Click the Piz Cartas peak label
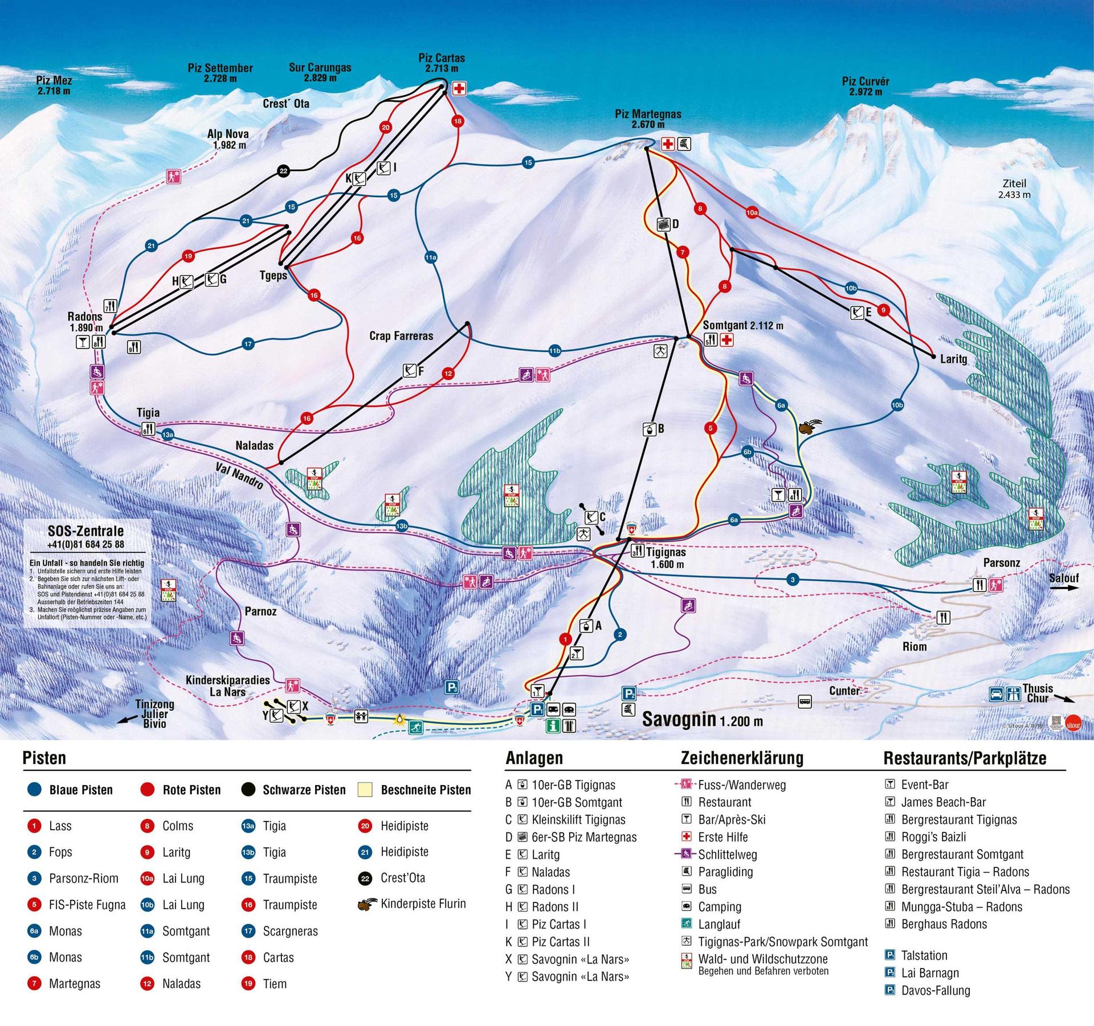pyautogui.click(x=441, y=63)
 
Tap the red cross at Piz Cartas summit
pyautogui.click(x=459, y=89)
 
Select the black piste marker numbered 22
pyautogui.click(x=283, y=170)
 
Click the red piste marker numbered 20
pyautogui.click(x=386, y=128)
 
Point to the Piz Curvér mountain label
pyautogui.click(x=865, y=86)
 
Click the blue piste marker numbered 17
pyautogui.click(x=248, y=344)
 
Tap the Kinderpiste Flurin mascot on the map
pyautogui.click(x=807, y=427)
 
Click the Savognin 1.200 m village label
pyautogui.click(x=702, y=719)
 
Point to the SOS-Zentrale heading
pyautogui.click(x=85, y=531)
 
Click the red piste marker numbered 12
pyautogui.click(x=448, y=374)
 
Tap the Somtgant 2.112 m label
pyautogui.click(x=742, y=326)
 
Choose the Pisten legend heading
pyautogui.click(x=44, y=758)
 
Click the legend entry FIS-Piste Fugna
pyautogui.click(x=87, y=905)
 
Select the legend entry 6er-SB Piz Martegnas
pyautogui.click(x=583, y=837)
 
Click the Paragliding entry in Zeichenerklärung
pyautogui.click(x=725, y=872)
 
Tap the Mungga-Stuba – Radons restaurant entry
pyautogui.click(x=961, y=906)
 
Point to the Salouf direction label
pyautogui.click(x=1063, y=578)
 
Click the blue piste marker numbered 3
pyautogui.click(x=793, y=580)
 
